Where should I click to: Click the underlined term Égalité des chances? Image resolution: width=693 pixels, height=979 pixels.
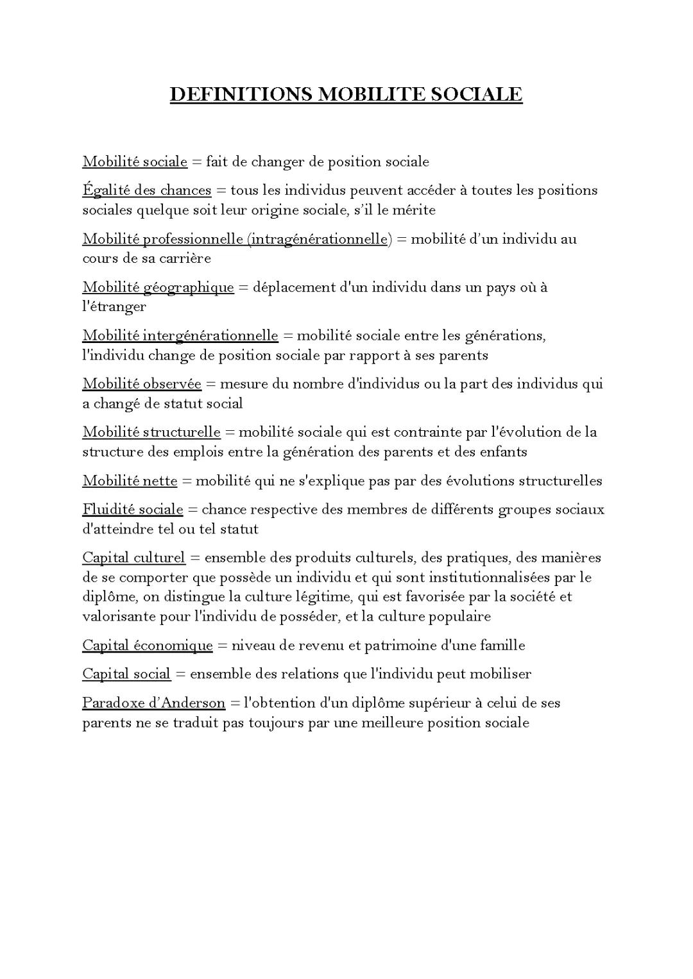(x=146, y=190)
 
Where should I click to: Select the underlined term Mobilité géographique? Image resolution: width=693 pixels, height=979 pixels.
(x=158, y=287)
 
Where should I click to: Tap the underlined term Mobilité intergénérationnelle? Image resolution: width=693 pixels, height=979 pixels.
(x=180, y=335)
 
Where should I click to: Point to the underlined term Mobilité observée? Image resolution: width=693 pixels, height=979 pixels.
(x=141, y=384)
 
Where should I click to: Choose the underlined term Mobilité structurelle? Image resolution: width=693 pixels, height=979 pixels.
(x=151, y=432)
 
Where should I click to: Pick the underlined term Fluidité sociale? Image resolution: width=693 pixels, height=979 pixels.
(x=132, y=510)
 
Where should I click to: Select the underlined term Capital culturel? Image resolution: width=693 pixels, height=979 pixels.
(x=133, y=558)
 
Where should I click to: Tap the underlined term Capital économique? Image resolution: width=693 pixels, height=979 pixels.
(x=147, y=645)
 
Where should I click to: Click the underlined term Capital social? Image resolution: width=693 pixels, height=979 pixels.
(x=126, y=674)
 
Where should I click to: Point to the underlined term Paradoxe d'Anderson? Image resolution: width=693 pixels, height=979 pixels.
(x=153, y=703)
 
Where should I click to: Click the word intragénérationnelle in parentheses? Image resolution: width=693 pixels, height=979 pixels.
(x=318, y=239)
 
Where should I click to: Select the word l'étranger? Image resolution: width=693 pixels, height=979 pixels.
(x=114, y=306)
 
